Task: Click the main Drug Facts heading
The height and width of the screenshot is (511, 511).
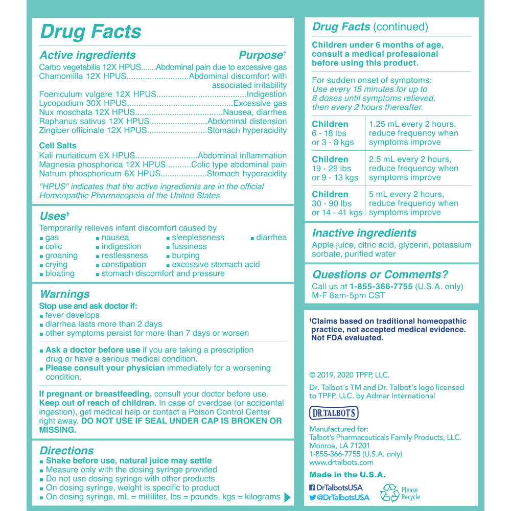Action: coord(90,32)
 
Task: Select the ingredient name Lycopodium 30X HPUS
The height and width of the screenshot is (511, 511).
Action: coord(71,103)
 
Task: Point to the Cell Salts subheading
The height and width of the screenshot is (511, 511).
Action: coord(58,146)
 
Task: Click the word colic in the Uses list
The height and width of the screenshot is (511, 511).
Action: coord(54,246)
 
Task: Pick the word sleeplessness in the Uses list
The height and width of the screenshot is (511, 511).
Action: coord(198,238)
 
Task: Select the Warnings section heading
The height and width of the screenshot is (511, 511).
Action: coord(64,294)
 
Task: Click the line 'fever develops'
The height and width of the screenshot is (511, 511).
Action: coord(72,315)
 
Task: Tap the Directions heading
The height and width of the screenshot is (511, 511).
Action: coord(66,451)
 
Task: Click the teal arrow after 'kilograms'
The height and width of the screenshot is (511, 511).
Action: coord(287,497)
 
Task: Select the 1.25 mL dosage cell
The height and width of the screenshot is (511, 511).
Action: coord(413,133)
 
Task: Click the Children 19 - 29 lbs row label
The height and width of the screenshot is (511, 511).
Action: coord(335,168)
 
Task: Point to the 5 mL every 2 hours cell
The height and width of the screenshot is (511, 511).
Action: coord(413,203)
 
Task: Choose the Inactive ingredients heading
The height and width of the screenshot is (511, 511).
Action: coord(364,233)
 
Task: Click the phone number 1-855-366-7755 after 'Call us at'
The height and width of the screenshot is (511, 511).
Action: coord(381,287)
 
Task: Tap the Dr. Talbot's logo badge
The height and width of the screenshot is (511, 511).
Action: coord(334,413)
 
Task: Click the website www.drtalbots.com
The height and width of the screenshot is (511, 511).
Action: coord(341,463)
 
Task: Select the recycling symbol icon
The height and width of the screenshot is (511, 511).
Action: coord(389,493)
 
